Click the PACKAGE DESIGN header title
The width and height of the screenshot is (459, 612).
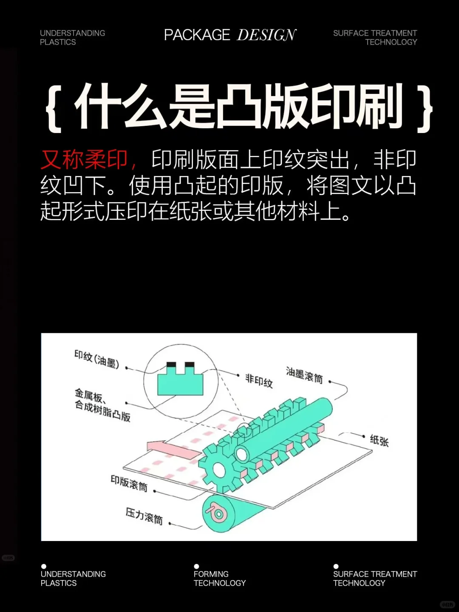tap(230, 35)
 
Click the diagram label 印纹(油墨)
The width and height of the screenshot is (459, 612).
tap(96, 359)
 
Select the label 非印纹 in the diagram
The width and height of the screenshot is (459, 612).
tap(259, 380)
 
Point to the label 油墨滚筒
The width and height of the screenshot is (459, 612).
tap(304, 375)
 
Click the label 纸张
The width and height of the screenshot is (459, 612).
tap(379, 440)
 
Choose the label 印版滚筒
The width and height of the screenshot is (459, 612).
tap(129, 483)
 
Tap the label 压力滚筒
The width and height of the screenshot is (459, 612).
tap(144, 516)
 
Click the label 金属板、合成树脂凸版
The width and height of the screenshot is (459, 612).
tap(102, 405)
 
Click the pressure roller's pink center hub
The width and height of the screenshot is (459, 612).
tap(218, 515)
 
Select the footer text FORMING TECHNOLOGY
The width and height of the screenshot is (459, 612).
tap(219, 578)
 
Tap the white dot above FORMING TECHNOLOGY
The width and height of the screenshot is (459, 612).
tap(196, 566)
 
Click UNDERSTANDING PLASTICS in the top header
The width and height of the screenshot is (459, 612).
tap(72, 37)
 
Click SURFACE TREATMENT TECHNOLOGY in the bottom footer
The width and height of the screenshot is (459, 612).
tap(374, 578)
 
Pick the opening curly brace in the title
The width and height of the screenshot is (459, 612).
tap(54, 108)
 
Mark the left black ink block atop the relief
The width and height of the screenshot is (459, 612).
tap(171, 365)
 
